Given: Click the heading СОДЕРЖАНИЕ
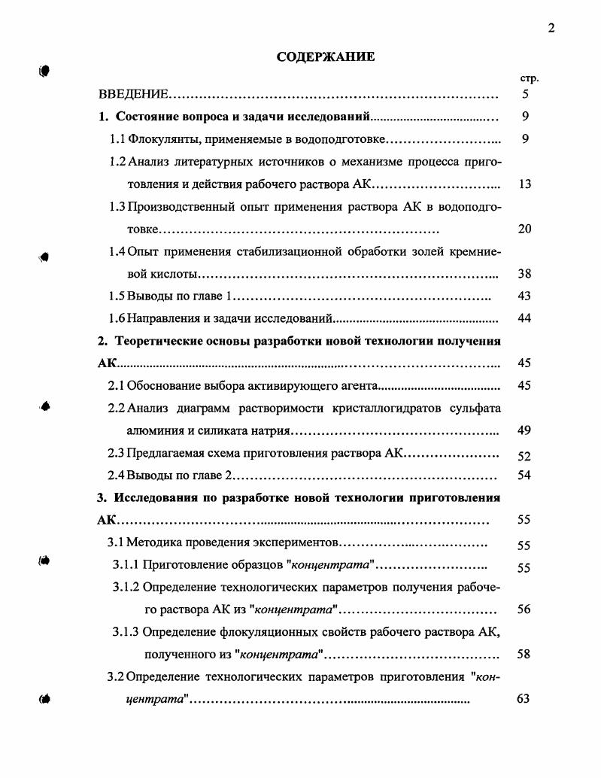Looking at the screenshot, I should [x=325, y=56].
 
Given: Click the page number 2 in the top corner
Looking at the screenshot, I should [x=551, y=28].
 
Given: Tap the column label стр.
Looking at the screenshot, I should [x=529, y=77].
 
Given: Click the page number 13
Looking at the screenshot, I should [x=525, y=184].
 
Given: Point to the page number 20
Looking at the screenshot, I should [x=525, y=229].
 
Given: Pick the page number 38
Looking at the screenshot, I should [x=525, y=274].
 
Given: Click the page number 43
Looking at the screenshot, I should [x=525, y=296].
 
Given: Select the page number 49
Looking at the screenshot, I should [x=525, y=431].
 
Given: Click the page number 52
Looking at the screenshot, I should [x=525, y=456].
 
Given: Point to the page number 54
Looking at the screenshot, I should [x=525, y=476].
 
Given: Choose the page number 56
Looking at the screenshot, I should [x=525, y=609].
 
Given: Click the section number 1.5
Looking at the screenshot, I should [x=117, y=296].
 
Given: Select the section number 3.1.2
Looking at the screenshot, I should [x=126, y=587].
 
